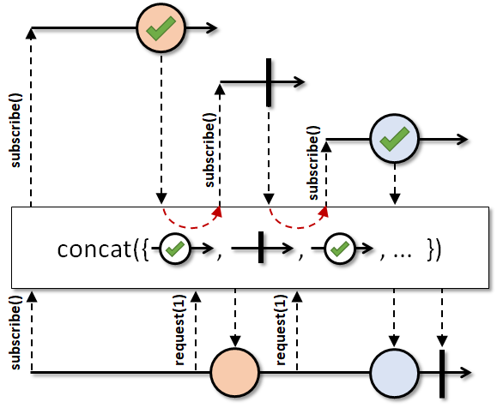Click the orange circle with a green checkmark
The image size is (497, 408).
pos(161,28)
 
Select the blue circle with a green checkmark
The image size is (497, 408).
pos(394,139)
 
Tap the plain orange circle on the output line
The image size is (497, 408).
pos(235,372)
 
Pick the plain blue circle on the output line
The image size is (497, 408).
pos(394,373)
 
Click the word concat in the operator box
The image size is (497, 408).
pos(94,249)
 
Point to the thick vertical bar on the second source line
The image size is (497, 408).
pos(269,82)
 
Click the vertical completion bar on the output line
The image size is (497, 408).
pos(442,374)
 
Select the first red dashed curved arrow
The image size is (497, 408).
pos(191,226)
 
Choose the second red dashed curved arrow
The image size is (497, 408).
pos(298,226)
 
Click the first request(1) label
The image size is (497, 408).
pos(179,330)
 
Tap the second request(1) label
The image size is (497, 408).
pos(281,330)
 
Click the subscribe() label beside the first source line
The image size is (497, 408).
pos(15,130)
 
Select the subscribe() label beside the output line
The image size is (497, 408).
pos(15,333)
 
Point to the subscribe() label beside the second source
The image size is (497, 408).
pos(209,150)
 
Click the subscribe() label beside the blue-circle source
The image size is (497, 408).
pos(313,163)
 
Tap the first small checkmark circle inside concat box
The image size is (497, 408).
pos(175,249)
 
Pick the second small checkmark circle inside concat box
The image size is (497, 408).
pos(340,249)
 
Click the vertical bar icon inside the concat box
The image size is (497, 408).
pos(261,248)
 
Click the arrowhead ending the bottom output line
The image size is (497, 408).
pos(466,373)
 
